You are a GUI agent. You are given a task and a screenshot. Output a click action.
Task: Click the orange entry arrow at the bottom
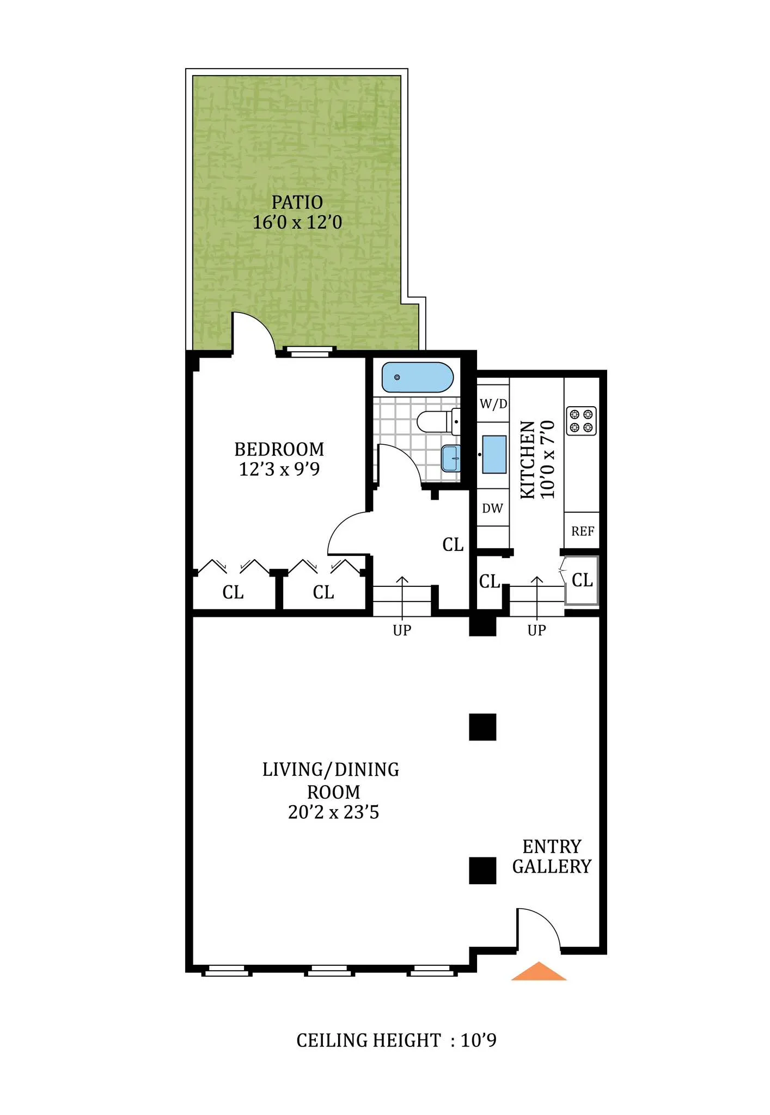click(x=538, y=972)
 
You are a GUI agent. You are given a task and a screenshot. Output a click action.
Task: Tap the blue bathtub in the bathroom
click(x=417, y=377)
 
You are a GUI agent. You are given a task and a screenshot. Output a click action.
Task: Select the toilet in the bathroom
click(x=436, y=421)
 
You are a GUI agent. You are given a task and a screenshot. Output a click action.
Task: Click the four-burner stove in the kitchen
click(x=581, y=420)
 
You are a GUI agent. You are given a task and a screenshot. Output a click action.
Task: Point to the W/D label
click(x=493, y=404)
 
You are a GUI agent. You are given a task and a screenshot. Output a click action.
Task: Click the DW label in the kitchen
click(x=492, y=509)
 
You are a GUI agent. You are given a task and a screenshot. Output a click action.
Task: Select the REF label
click(x=582, y=531)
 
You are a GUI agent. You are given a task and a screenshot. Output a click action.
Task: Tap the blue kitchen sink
click(x=494, y=454)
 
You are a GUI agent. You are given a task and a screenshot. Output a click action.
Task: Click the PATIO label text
click(x=297, y=203)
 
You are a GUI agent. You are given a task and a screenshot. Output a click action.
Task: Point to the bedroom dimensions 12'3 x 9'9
click(x=279, y=469)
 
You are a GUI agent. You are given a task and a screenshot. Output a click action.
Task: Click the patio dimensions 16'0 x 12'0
click(x=297, y=223)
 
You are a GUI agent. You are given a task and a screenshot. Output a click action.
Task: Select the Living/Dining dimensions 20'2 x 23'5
click(x=333, y=812)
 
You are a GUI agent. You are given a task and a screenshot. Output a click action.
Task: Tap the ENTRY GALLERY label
click(x=552, y=856)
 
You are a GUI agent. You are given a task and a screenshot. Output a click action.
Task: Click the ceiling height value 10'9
click(x=479, y=1040)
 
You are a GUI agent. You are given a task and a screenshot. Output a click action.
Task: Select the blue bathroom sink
click(x=451, y=458)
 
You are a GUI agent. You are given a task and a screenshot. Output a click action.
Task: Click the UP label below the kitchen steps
click(x=536, y=630)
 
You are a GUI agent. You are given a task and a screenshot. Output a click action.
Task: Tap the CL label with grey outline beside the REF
click(x=582, y=580)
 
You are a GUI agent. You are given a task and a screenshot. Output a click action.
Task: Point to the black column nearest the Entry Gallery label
click(x=482, y=870)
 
